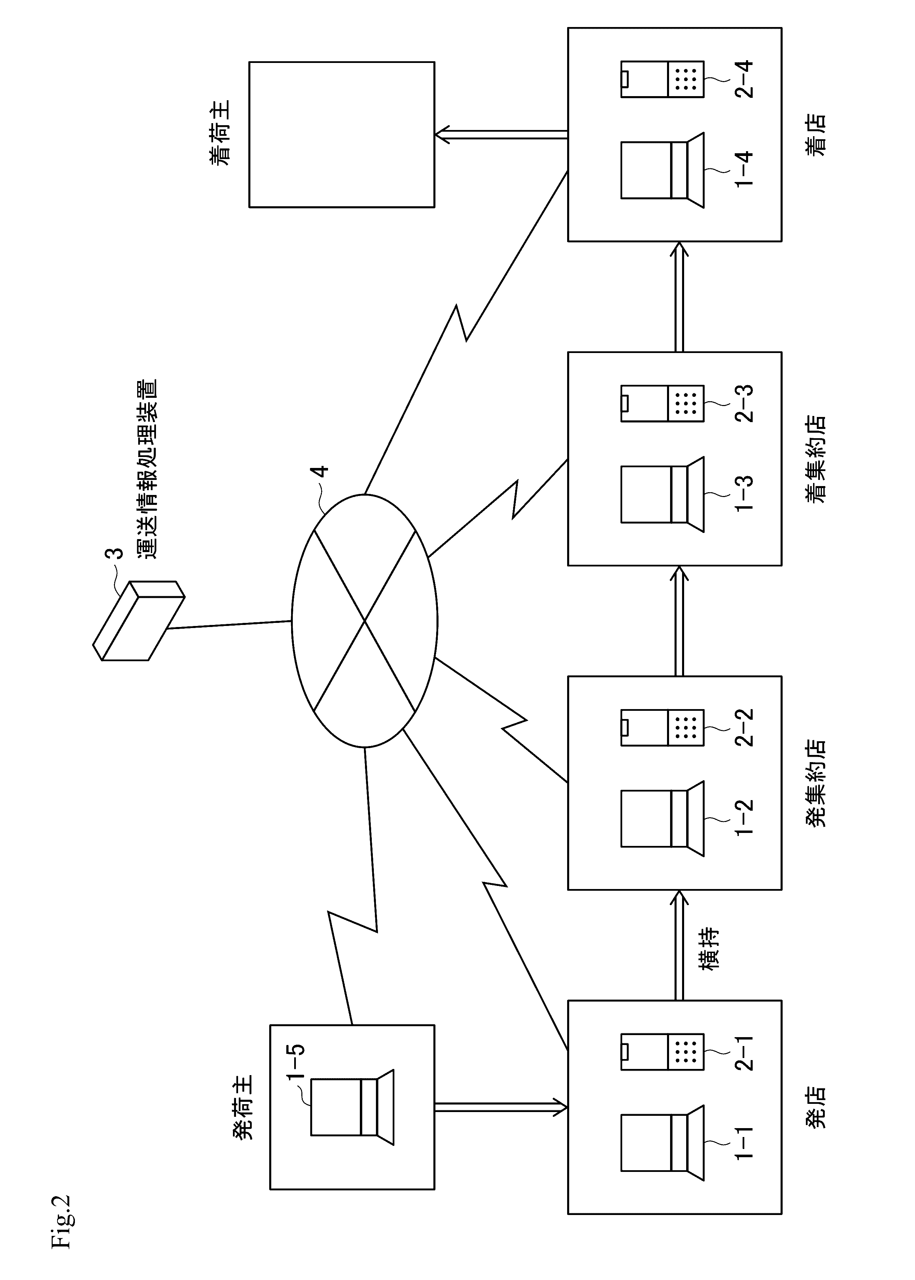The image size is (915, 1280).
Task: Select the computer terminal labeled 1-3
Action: [662, 494]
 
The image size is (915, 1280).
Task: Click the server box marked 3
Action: [139, 620]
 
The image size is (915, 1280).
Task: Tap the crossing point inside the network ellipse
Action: [365, 621]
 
